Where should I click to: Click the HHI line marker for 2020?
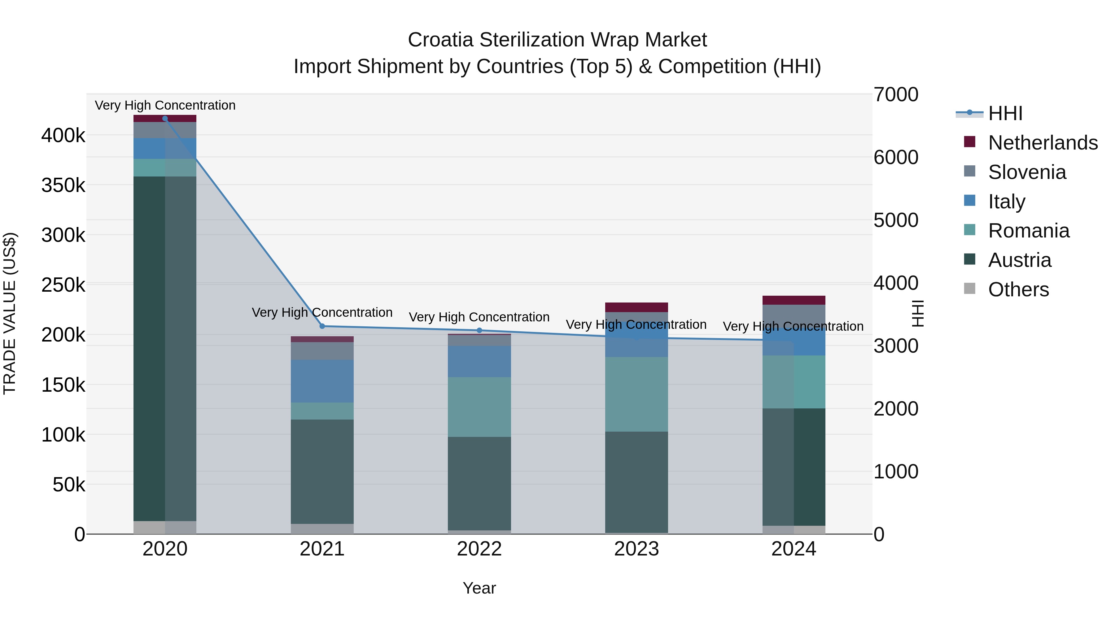(x=165, y=119)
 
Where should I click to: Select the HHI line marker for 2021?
(x=322, y=326)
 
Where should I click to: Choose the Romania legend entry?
(x=1028, y=231)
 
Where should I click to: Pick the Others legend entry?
(x=1018, y=290)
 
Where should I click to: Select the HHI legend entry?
(x=1005, y=113)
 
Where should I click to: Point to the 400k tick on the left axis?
(x=63, y=135)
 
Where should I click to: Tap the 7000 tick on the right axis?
(x=895, y=95)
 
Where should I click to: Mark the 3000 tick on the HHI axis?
(x=895, y=346)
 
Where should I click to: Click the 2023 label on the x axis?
(x=636, y=549)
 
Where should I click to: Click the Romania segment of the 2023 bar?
(x=636, y=394)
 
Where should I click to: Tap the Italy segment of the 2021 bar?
(x=322, y=381)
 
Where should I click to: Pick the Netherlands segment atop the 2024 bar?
(x=794, y=300)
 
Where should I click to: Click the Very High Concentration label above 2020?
(x=165, y=105)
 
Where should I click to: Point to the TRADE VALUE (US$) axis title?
(x=10, y=313)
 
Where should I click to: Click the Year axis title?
(x=479, y=588)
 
